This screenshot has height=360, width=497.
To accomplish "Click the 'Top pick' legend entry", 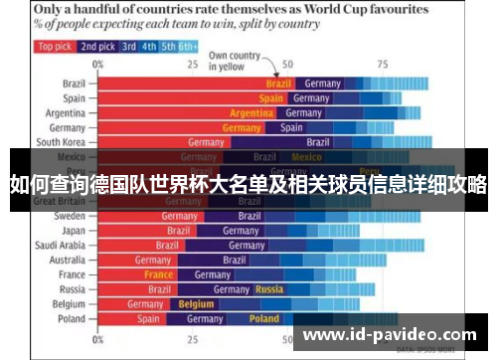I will [x=54, y=46].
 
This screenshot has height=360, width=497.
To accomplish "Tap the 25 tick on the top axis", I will [x=193, y=64].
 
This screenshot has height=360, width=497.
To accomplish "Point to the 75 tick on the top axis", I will [x=382, y=64].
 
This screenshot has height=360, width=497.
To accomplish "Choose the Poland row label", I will [x=71, y=319].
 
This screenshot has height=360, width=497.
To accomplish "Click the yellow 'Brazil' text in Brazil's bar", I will [x=278, y=85].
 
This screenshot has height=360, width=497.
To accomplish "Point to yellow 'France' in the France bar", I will [x=158, y=274].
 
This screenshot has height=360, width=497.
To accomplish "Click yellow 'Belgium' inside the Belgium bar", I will [x=196, y=304].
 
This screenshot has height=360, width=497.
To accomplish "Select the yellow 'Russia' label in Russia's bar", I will [x=269, y=289].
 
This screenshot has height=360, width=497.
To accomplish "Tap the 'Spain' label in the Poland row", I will [x=148, y=319].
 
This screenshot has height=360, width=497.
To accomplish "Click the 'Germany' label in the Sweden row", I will [x=180, y=216].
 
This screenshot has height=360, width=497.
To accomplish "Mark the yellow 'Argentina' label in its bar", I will [x=250, y=113].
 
